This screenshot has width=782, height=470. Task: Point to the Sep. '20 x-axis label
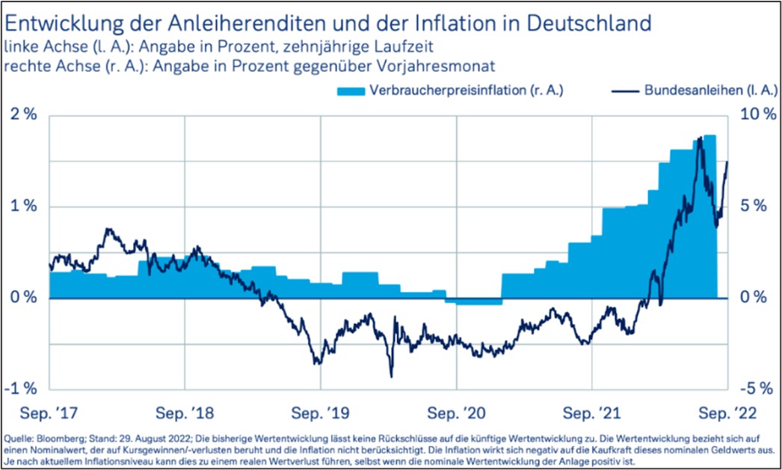(456, 412)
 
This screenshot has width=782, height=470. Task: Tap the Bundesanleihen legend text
(691, 92)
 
